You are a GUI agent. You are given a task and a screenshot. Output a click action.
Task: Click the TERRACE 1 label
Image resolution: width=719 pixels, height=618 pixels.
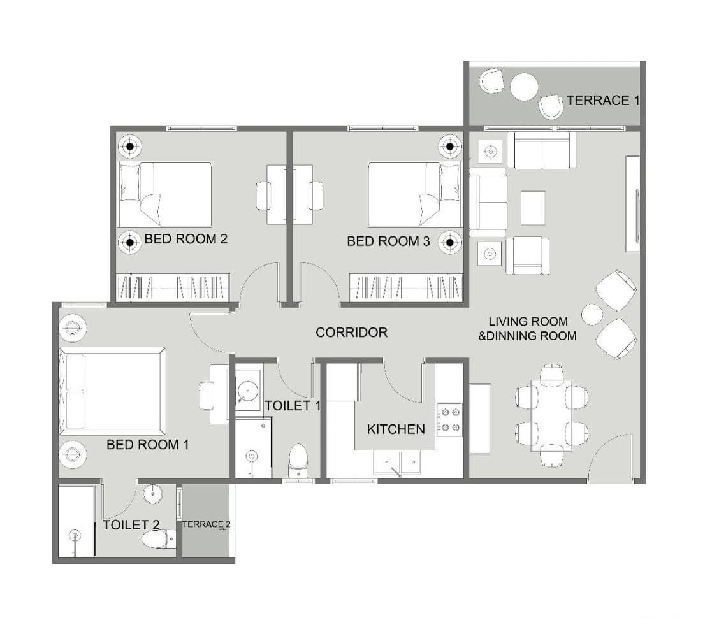[602, 101]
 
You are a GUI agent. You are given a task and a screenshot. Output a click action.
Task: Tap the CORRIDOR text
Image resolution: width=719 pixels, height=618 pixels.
[351, 333]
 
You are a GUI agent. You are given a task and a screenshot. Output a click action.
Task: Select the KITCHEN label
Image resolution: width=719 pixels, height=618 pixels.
[396, 429]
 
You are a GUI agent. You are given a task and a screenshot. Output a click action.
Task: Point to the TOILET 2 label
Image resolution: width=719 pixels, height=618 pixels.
[131, 524]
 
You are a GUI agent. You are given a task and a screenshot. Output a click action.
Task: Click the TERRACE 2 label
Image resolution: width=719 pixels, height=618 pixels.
[206, 524]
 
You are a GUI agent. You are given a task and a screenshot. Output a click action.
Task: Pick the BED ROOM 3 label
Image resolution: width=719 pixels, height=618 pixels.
[388, 241]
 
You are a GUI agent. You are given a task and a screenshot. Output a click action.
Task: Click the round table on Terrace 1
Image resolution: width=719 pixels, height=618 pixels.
[524, 86]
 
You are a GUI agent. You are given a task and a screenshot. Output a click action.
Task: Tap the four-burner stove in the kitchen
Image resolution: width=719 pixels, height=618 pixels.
[449, 419]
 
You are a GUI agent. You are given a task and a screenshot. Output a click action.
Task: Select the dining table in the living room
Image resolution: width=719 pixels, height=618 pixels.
[551, 415]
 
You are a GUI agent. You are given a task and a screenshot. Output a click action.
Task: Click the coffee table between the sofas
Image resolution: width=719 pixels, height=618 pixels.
[533, 208]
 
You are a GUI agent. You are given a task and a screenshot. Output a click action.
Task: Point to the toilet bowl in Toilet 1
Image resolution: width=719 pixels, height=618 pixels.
[298, 461]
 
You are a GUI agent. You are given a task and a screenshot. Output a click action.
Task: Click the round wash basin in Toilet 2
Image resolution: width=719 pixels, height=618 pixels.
[152, 494]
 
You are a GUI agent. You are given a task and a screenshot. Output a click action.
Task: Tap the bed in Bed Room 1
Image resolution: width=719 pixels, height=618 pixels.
[113, 391]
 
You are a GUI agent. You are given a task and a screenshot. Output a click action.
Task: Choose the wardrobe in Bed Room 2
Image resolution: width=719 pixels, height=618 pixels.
[172, 287]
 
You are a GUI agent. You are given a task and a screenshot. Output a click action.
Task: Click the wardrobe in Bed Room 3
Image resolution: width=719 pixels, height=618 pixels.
[406, 287]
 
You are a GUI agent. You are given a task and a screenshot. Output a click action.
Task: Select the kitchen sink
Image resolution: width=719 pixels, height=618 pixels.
[397, 462]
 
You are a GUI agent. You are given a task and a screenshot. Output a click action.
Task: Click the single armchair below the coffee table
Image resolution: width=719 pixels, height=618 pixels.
[527, 255]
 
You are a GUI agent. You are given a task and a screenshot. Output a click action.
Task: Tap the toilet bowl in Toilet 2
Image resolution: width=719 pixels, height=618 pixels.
[159, 540]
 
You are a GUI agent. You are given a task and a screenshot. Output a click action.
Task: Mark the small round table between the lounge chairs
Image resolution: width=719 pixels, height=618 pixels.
[592, 315]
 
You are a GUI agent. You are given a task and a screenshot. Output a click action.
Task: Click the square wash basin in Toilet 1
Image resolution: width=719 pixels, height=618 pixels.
[248, 391]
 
